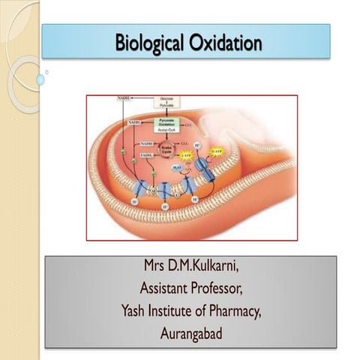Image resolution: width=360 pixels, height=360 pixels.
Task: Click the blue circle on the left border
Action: (x=40, y=78)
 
